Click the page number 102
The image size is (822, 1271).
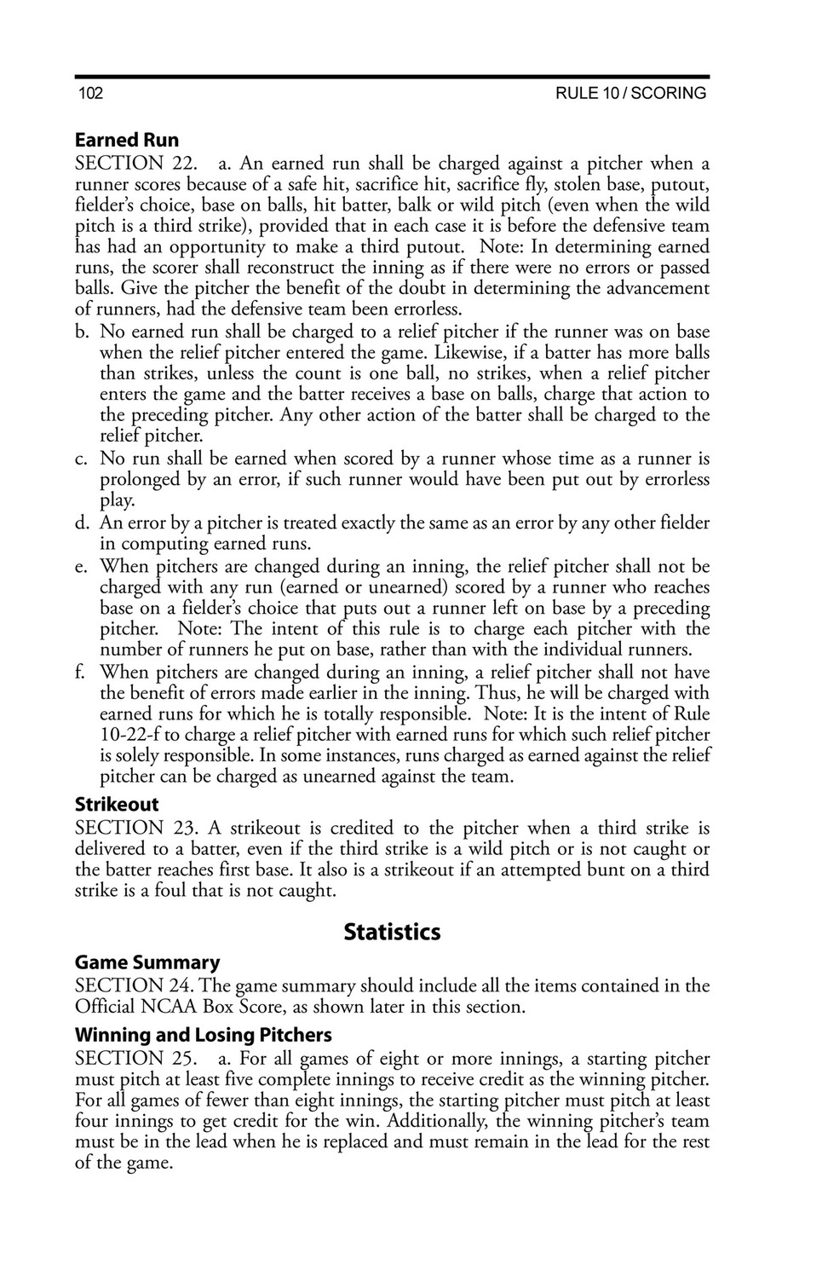pos(90,94)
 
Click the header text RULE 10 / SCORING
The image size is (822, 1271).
pos(630,94)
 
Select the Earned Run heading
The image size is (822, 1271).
pos(127,140)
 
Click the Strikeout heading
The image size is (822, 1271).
pos(117,804)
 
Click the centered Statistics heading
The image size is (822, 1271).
pos(392,932)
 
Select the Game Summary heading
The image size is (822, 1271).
pos(147,962)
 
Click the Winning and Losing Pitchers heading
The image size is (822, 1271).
pos(204,1035)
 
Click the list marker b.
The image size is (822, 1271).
pos(83,332)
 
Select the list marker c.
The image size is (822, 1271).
pos(82,459)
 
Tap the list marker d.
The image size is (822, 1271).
pos(83,523)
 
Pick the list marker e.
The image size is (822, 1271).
pos(82,566)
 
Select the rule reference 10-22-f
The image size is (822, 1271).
pos(130,735)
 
